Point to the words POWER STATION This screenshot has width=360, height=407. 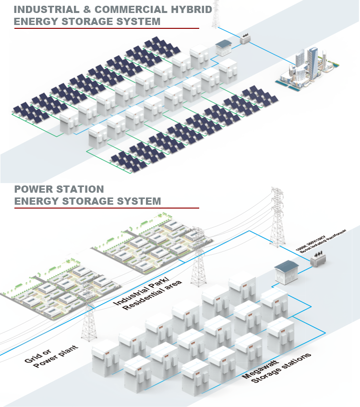59,189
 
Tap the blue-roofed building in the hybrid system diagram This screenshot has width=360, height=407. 224,47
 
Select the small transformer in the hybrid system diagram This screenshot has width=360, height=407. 245,41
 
